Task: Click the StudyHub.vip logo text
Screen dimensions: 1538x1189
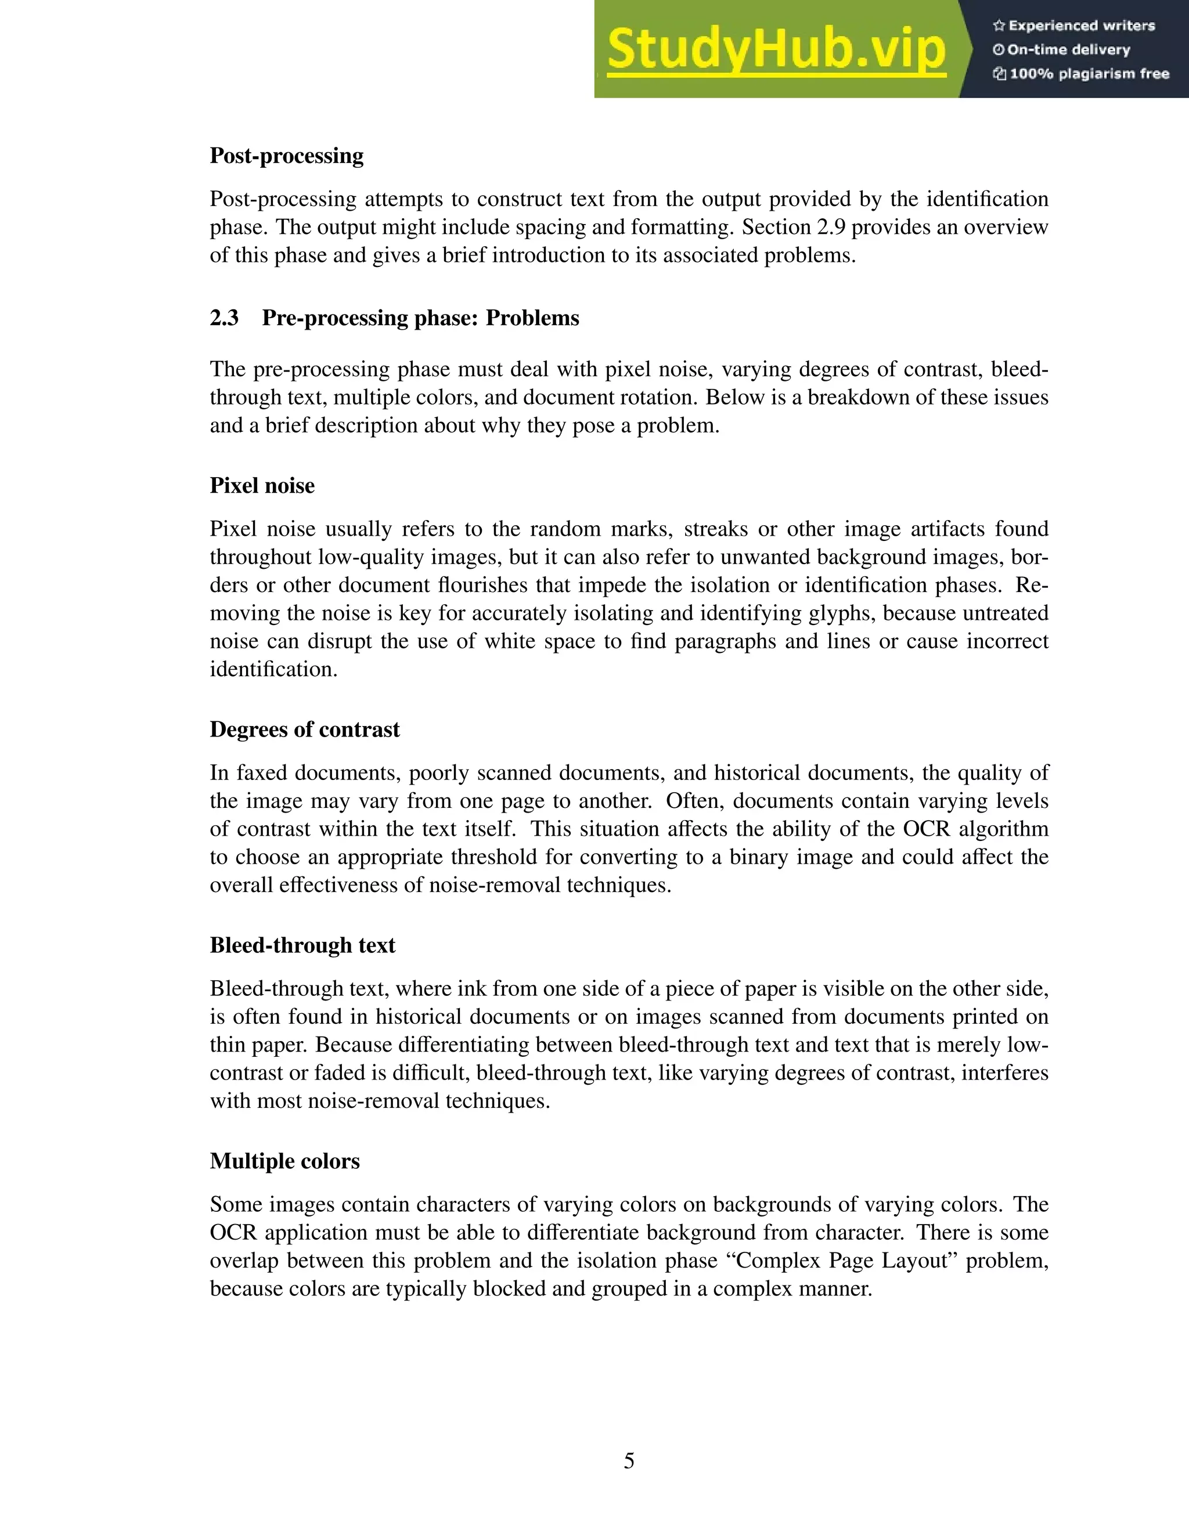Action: tap(776, 49)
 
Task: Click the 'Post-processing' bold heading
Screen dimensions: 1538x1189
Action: tap(287, 156)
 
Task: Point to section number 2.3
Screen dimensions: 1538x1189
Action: tap(224, 318)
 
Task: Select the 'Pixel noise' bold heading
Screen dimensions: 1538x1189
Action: tap(262, 486)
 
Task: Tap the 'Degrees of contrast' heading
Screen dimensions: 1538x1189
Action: tap(304, 730)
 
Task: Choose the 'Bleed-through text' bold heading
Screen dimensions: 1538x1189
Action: tap(302, 945)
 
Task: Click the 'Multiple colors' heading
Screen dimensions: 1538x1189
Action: tap(284, 1161)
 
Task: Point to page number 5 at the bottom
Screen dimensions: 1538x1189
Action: tap(629, 1461)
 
